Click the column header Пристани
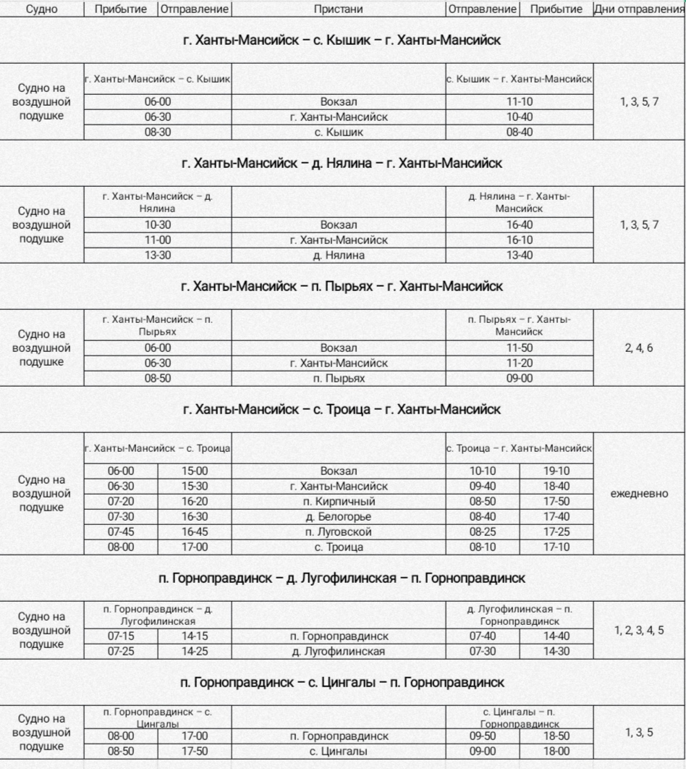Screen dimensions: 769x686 pyautogui.click(x=338, y=9)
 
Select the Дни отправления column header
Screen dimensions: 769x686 pyautogui.click(x=638, y=9)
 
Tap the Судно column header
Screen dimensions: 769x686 pyautogui.click(x=41, y=9)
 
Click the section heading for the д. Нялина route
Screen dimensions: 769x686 pyautogui.click(x=342, y=164)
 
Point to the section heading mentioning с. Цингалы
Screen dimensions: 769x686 pyautogui.click(x=342, y=682)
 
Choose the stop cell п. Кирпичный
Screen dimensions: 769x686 pyautogui.click(x=339, y=501)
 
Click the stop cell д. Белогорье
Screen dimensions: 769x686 pyautogui.click(x=339, y=516)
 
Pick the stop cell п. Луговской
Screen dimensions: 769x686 pyautogui.click(x=339, y=531)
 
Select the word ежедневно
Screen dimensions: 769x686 pyautogui.click(x=640, y=494)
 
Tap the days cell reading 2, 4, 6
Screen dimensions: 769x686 pyautogui.click(x=639, y=348)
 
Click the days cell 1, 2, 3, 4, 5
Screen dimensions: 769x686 pyautogui.click(x=639, y=630)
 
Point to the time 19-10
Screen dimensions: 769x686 pyautogui.click(x=556, y=471)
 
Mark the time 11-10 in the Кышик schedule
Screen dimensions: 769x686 pyautogui.click(x=519, y=102)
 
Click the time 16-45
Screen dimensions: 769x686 pyautogui.click(x=195, y=531)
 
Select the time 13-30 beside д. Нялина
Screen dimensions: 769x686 pyautogui.click(x=157, y=255)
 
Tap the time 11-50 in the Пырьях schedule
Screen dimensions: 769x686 pyautogui.click(x=519, y=348)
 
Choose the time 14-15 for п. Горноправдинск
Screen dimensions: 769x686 pyautogui.click(x=195, y=636)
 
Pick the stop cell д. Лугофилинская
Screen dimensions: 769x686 pyautogui.click(x=339, y=652)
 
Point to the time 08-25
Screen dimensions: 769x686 pyautogui.click(x=483, y=531)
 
